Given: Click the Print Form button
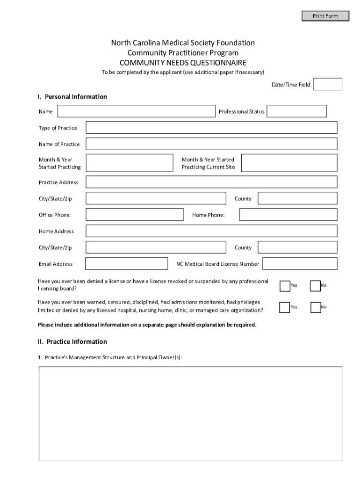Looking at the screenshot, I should [x=325, y=16].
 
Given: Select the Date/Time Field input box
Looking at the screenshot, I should [x=328, y=85].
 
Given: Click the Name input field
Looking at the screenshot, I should [x=136, y=111].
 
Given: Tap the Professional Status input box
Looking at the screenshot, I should [x=296, y=111].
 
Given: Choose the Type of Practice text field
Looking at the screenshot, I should [x=211, y=128].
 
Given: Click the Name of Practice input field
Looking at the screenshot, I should [x=211, y=144].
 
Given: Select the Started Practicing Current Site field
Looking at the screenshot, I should [x=289, y=163].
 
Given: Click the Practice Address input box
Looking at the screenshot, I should [x=211, y=182].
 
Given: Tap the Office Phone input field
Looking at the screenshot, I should [x=135, y=215].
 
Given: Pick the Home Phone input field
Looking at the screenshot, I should [x=288, y=215].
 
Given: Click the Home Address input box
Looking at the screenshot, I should [x=211, y=231].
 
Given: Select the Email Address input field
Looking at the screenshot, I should [x=127, y=264].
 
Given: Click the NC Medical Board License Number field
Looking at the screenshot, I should [x=300, y=264].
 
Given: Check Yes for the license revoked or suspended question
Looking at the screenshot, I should [x=284, y=286].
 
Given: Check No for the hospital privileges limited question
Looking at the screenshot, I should [x=316, y=307].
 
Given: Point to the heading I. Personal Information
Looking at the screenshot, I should [x=72, y=97].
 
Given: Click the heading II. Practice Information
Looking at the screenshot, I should [x=72, y=341].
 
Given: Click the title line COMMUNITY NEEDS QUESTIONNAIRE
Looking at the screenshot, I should [x=183, y=63].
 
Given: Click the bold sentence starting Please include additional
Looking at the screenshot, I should [x=147, y=325].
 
